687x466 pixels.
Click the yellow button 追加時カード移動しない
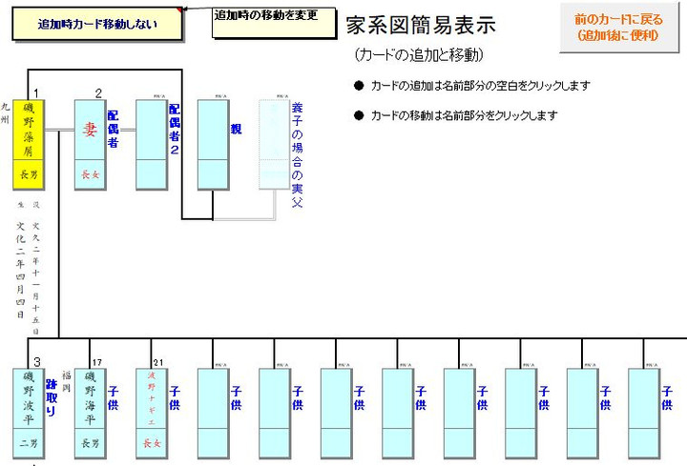click(96, 25)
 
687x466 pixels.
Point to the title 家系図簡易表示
click(421, 25)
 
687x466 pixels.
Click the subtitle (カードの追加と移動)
click(418, 54)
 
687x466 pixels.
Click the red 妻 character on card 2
click(90, 130)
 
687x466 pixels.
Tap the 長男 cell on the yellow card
click(29, 173)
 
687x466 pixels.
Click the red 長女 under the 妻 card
click(90, 173)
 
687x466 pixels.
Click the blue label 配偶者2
click(175, 129)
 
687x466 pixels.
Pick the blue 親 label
click(236, 128)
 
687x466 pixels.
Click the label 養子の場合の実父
click(297, 154)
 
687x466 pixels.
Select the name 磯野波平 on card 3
click(29, 396)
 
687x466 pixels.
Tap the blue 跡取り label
click(52, 395)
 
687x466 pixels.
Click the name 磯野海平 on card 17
click(90, 396)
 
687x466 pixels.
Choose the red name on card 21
click(151, 396)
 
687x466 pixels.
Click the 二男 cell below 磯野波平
click(29, 442)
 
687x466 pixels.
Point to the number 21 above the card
click(158, 361)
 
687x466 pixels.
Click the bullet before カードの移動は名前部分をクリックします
click(359, 115)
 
